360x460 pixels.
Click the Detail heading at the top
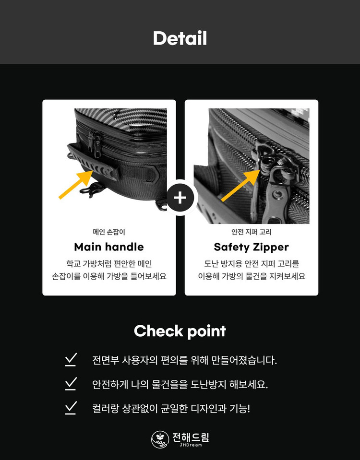pyautogui.click(x=180, y=38)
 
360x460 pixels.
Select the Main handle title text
pyautogui.click(x=109, y=247)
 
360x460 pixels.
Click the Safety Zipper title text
pyautogui.click(x=252, y=247)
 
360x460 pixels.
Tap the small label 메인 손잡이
pyautogui.click(x=109, y=232)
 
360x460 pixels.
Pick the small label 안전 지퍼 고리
pyautogui.click(x=252, y=232)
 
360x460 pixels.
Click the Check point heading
pyautogui.click(x=180, y=331)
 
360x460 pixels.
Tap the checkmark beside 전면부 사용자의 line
pyautogui.click(x=71, y=360)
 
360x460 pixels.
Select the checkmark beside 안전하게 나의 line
pyautogui.click(x=71, y=384)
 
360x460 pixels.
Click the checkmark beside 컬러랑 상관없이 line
pyautogui.click(x=71, y=408)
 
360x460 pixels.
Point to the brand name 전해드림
pyautogui.click(x=191, y=437)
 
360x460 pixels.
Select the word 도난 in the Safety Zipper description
pyautogui.click(x=212, y=264)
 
